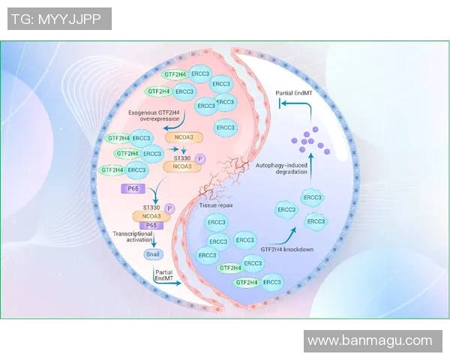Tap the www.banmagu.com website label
tap(370, 340)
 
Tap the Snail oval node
tap(153, 254)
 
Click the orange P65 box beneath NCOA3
tap(151, 225)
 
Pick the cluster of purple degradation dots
tap(306, 139)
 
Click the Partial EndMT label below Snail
tap(163, 276)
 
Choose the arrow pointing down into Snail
tap(153, 241)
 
